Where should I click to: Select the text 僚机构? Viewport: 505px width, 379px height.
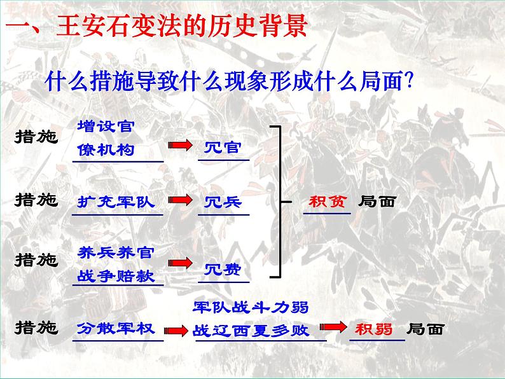(x=105, y=149)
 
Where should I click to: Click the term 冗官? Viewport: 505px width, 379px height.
(x=223, y=148)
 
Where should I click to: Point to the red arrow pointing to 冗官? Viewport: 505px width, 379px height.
(x=181, y=146)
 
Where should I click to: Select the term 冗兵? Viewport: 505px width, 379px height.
(x=223, y=202)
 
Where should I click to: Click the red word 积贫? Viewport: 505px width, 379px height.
(x=327, y=201)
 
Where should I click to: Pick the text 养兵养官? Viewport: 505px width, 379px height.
(x=116, y=252)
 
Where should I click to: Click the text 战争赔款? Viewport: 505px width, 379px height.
(x=116, y=277)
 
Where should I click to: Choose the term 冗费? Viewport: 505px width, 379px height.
(x=223, y=270)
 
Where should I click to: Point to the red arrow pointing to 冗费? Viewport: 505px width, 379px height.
(x=181, y=262)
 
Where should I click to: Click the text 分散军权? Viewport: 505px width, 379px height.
(x=116, y=328)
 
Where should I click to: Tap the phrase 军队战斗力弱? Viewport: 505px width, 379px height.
(x=250, y=308)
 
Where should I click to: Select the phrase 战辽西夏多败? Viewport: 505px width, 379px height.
(x=250, y=331)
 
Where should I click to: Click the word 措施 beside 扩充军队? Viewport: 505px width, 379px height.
(x=36, y=200)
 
